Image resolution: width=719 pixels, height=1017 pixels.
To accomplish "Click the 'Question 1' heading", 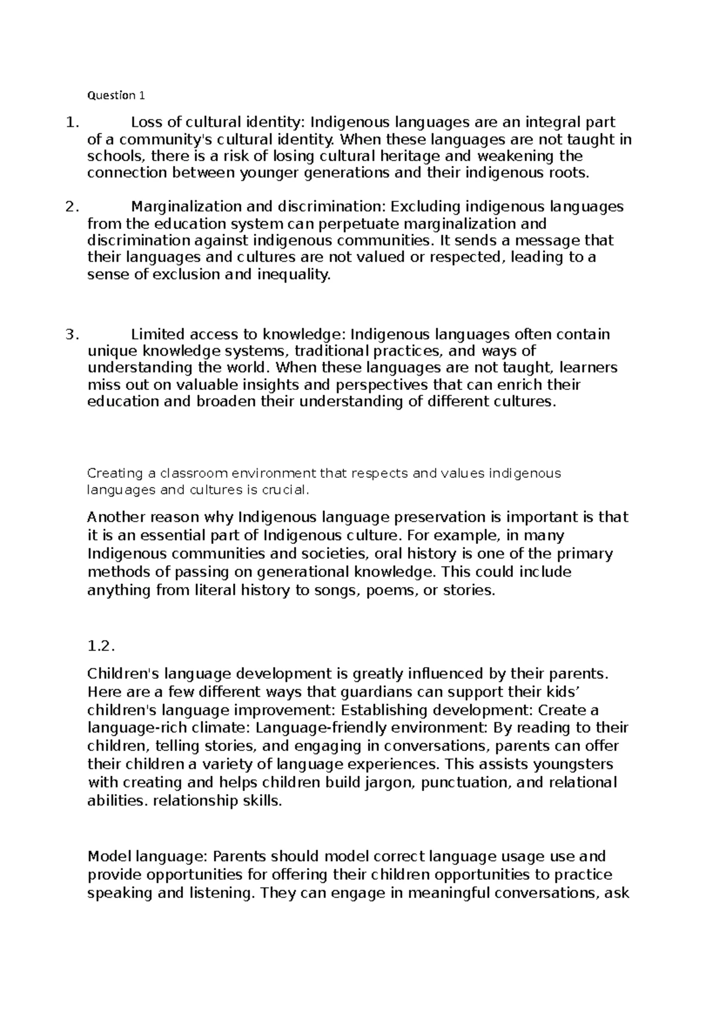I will click(x=116, y=95).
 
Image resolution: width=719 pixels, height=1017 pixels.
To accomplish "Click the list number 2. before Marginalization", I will click(x=71, y=207).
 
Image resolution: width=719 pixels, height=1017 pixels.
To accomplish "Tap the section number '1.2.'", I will click(x=100, y=647).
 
